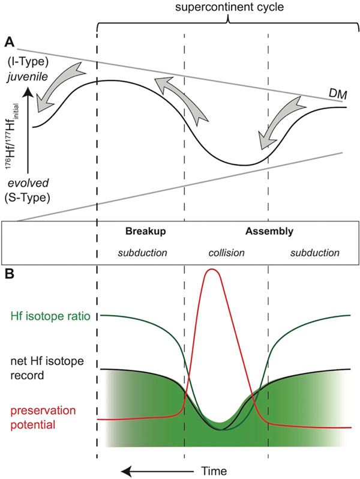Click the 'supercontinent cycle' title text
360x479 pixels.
pos(230,7)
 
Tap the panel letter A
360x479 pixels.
pos(10,43)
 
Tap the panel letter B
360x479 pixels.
pos(10,274)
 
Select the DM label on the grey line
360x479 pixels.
pos(338,95)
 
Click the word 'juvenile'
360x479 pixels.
pos(28,76)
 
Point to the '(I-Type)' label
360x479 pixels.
pos(28,62)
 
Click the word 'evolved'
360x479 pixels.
pos(28,183)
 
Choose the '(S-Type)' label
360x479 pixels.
pos(27,197)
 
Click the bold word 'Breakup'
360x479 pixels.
pos(146,231)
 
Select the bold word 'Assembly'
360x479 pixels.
pos(269,231)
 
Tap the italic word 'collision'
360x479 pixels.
pos(227,253)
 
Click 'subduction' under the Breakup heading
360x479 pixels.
pos(143,253)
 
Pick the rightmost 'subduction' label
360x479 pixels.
pos(315,253)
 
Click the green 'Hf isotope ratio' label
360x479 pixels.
pos(50,316)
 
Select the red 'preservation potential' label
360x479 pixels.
pos(43,417)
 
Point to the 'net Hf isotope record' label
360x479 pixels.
pos(47,368)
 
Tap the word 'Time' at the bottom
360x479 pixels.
pos(214,471)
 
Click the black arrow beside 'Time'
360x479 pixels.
pos(158,471)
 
